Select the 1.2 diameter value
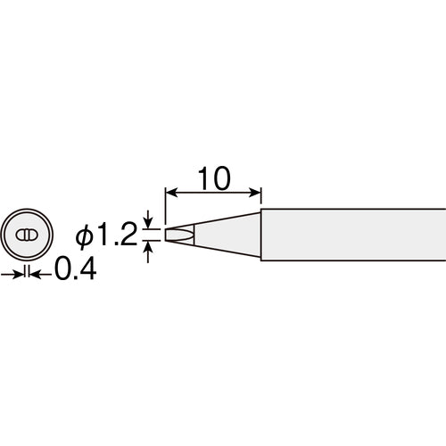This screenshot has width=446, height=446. [118, 235]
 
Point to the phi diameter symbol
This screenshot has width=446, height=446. [84, 236]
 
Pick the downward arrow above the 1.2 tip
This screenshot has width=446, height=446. [149, 223]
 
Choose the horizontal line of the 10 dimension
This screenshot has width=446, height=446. [214, 192]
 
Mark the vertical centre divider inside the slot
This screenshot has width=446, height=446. [27, 235]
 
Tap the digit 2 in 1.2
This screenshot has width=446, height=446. [129, 235]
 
